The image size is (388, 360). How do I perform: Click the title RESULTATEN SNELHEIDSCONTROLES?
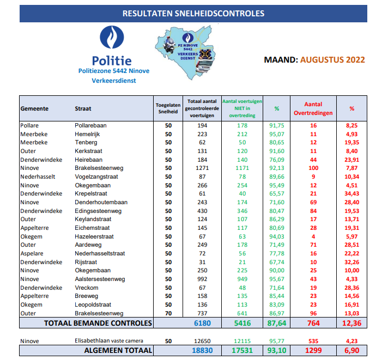click(193, 13)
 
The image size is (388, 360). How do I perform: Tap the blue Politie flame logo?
click(111, 39)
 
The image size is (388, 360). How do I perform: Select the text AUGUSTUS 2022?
click(332, 60)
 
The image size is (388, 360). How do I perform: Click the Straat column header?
click(83, 108)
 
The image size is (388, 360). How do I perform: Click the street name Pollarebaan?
click(91, 125)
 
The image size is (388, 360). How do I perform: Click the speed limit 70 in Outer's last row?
click(168, 313)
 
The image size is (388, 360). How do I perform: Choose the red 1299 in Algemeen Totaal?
click(313, 351)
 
